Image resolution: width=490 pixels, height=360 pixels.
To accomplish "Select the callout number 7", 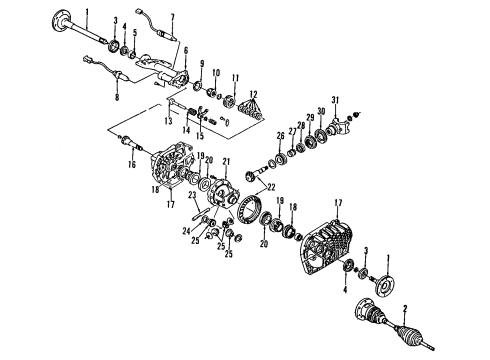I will click(173, 17).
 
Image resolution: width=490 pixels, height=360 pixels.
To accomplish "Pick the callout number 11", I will click(236, 77).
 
